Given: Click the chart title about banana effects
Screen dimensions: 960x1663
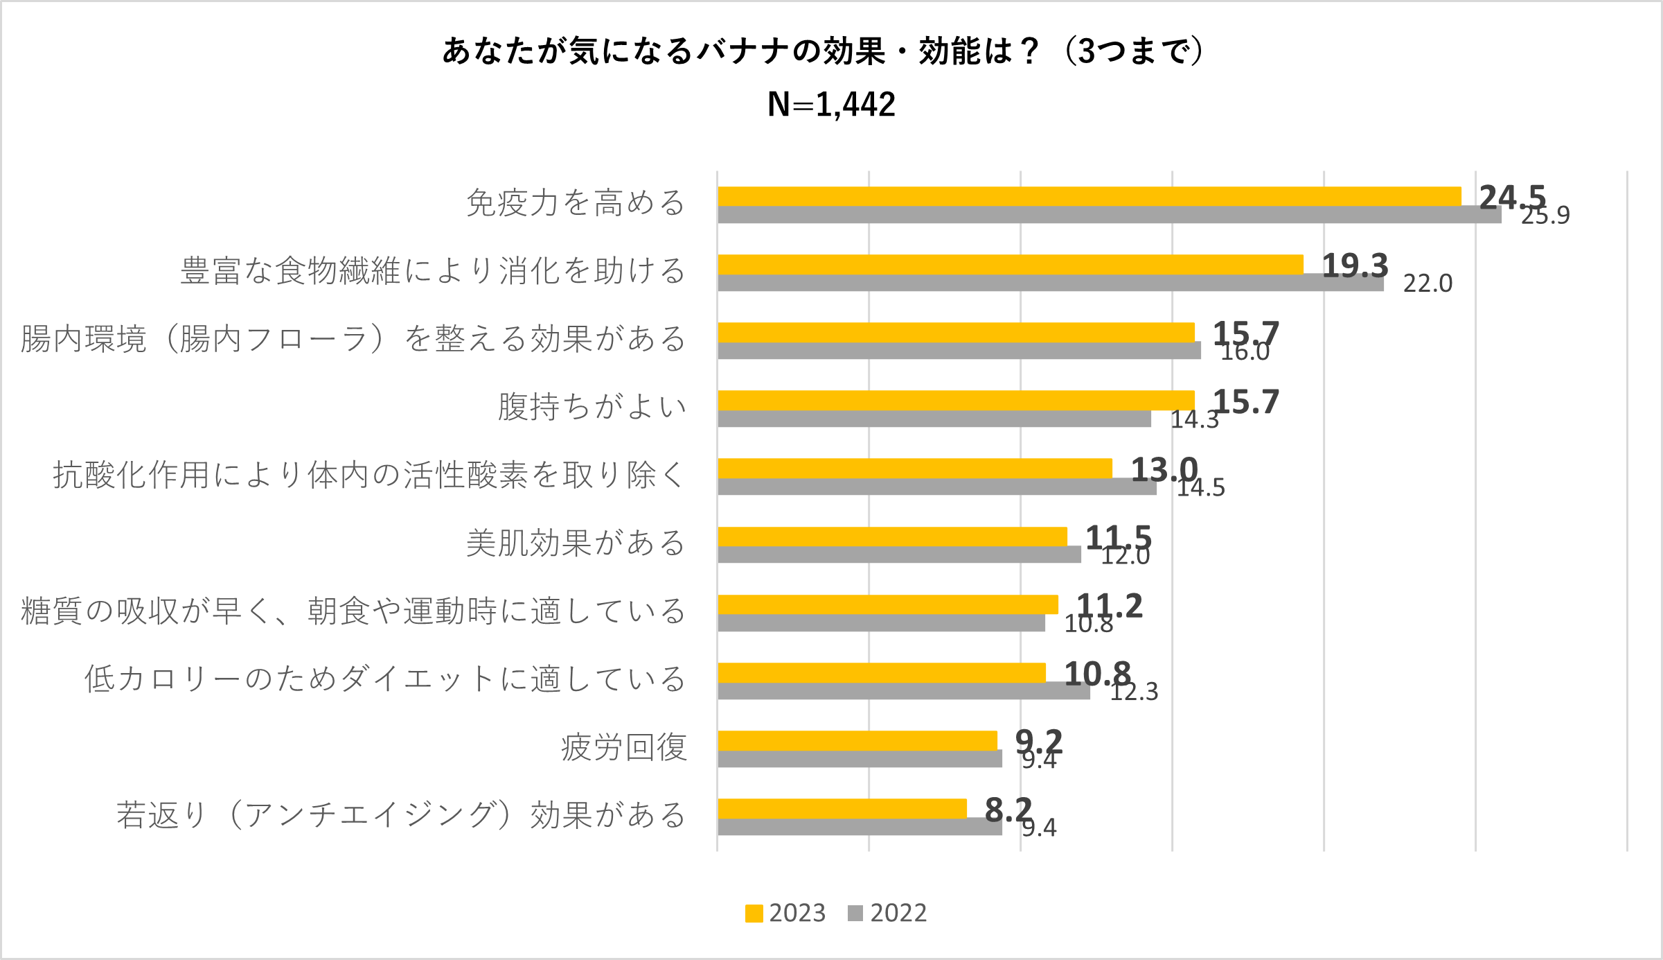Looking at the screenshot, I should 824,51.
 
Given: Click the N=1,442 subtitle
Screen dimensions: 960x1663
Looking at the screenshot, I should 831,105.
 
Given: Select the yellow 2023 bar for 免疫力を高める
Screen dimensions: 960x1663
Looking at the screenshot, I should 1089,196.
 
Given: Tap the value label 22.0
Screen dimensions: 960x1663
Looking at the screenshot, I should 1428,283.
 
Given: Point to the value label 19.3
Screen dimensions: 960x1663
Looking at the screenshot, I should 1355,265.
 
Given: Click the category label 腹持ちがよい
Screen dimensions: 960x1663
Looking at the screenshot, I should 592,407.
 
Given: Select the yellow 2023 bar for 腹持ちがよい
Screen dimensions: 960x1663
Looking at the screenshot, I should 956,400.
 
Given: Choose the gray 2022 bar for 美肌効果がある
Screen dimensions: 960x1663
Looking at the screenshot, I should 899,555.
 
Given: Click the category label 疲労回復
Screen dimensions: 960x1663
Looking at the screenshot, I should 624,748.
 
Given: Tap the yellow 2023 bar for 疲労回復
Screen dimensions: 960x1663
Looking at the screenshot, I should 857,740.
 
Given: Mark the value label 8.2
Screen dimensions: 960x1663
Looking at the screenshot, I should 1008,809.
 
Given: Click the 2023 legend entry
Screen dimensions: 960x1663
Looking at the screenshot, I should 785,913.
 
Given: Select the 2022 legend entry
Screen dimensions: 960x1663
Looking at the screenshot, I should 887,913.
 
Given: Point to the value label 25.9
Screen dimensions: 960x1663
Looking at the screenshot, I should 1545,216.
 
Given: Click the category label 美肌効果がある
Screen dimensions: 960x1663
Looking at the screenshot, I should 576,543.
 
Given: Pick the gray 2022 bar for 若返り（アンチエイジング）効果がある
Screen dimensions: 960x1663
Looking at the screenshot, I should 859,828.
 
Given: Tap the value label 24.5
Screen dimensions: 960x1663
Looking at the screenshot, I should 1513,198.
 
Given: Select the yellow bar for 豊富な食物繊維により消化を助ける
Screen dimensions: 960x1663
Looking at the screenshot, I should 1010,264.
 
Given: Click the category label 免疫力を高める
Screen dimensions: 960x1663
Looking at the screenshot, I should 576,203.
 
